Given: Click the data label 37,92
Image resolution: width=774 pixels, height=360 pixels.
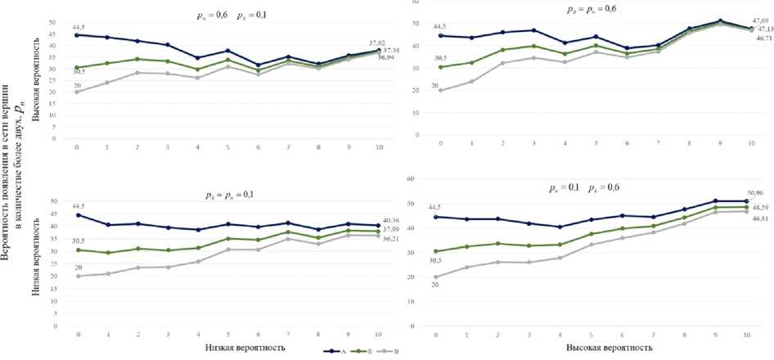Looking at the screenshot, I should (378, 43).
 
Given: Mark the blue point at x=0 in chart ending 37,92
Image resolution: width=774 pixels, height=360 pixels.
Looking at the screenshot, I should (77, 35).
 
